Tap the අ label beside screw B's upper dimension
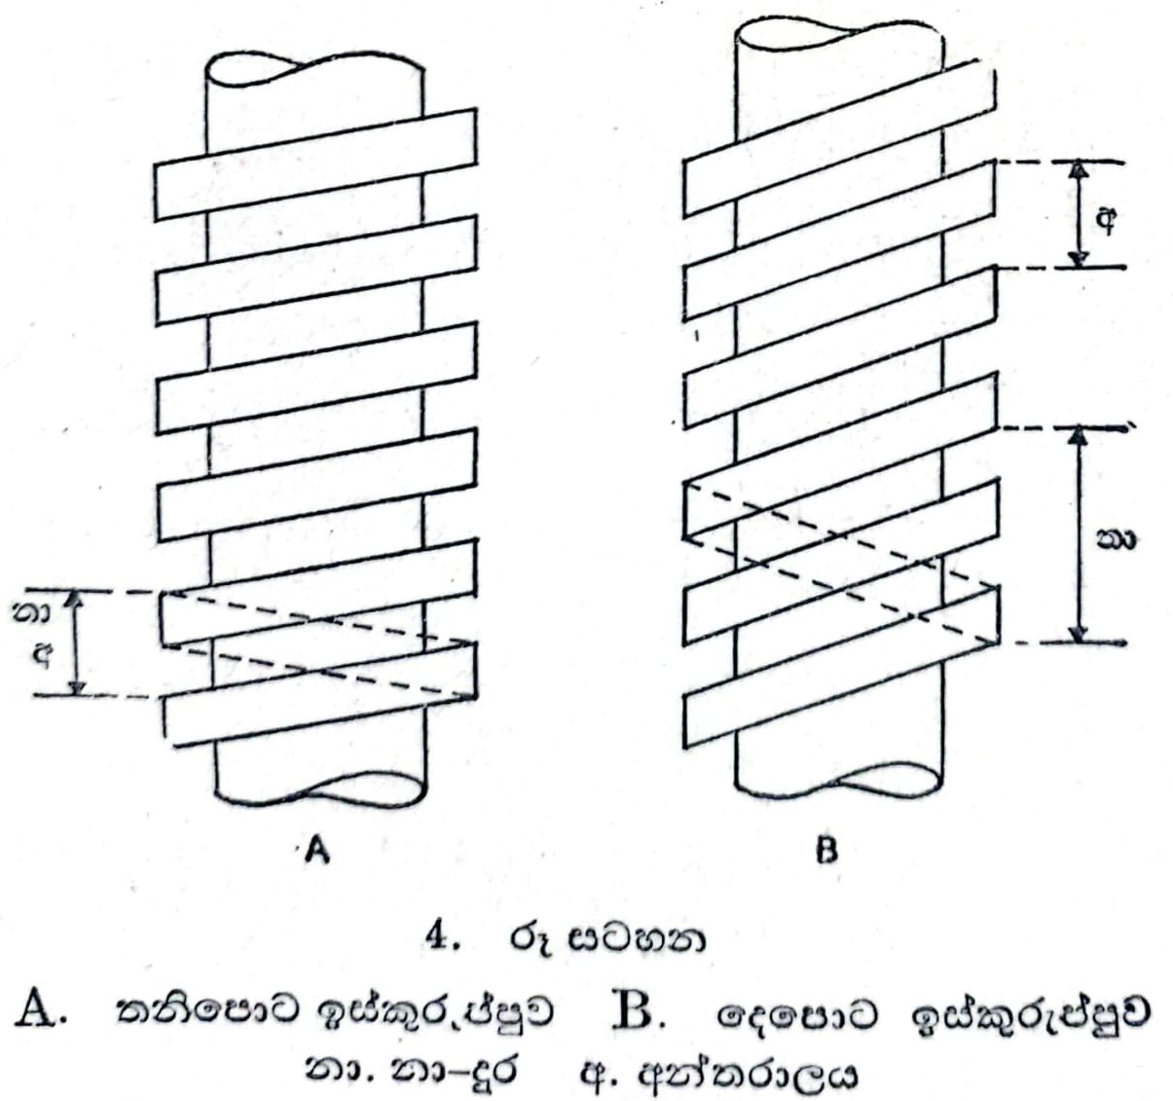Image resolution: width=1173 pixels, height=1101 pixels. coord(1107,220)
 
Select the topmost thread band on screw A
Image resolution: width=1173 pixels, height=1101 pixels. coord(315,164)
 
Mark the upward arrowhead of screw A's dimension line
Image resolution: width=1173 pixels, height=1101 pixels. coord(80,599)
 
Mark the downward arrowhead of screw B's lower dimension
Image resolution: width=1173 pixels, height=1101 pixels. coord(1077,635)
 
